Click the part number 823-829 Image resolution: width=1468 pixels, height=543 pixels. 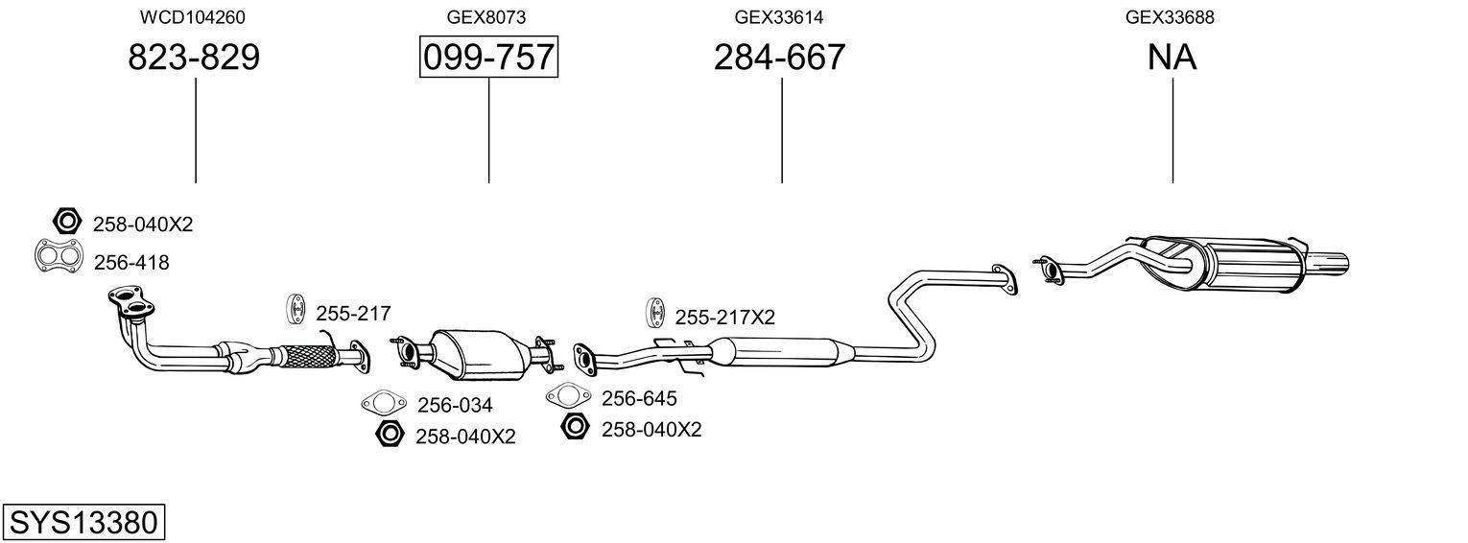[x=194, y=58]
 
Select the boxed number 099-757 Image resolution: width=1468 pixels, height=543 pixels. [x=489, y=57]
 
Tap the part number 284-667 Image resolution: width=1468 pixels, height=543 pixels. [x=779, y=58]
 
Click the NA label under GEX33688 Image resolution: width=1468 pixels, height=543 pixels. [x=1172, y=58]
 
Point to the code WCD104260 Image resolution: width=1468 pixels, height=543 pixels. [x=193, y=17]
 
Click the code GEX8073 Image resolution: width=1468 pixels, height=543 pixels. [x=486, y=17]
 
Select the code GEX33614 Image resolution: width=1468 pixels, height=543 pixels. [x=778, y=17]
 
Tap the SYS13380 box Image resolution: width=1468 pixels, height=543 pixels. [x=83, y=523]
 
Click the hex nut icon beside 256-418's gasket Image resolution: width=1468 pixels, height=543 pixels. [x=66, y=222]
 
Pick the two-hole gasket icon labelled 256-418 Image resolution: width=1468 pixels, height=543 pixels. [x=59, y=256]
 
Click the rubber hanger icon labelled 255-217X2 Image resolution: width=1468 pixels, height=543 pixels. [x=654, y=313]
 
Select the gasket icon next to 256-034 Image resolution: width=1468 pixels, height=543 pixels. [x=384, y=402]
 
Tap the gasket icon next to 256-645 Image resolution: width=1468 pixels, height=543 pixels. [x=568, y=395]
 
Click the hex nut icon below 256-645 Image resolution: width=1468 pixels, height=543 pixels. [x=575, y=426]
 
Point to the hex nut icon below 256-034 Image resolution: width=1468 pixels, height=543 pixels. [x=390, y=434]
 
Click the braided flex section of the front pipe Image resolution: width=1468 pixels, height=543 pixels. [x=307, y=356]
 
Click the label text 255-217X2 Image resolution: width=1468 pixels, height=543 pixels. [x=724, y=318]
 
